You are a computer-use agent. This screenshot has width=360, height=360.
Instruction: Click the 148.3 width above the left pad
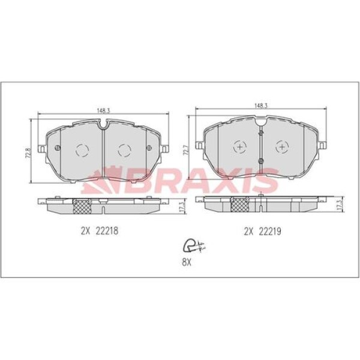coord(103,110)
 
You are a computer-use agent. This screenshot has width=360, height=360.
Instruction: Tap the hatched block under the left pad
coord(82,206)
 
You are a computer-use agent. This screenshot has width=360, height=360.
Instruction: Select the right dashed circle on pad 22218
coord(124,150)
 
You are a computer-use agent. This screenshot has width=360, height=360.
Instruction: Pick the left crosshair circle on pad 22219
coord(239,147)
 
